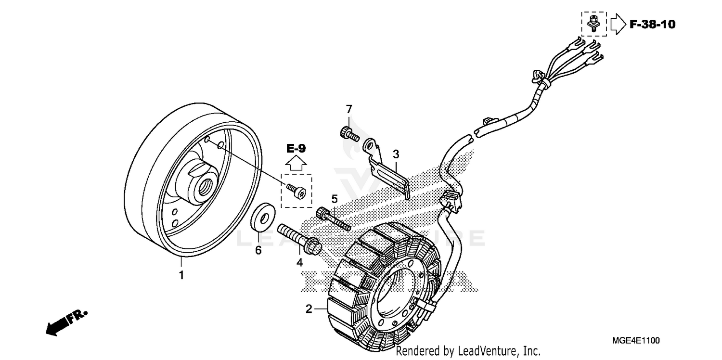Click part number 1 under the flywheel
(x=181, y=276)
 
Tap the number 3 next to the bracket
(x=396, y=154)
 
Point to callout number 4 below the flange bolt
(x=299, y=262)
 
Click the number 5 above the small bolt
(x=335, y=198)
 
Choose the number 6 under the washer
(x=258, y=251)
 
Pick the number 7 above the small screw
(x=349, y=110)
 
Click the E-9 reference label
(x=296, y=149)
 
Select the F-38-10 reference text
(x=652, y=24)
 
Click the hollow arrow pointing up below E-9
(x=296, y=164)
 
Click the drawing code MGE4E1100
(x=636, y=341)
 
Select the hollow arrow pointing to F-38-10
(x=617, y=24)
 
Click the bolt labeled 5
(x=332, y=219)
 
